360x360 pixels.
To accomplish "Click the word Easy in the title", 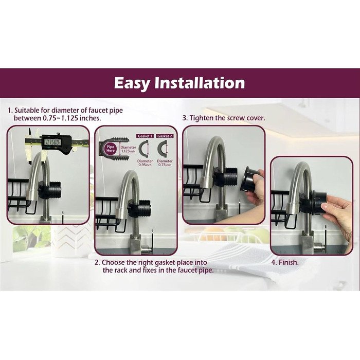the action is (132, 83).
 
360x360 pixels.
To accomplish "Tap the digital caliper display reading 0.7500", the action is (52, 142).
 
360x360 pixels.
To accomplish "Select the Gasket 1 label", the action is (145, 136).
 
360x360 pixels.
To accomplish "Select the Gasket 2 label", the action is (165, 136).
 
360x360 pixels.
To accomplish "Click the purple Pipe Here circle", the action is (111, 149).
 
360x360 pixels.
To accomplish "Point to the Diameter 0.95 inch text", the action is (145, 163).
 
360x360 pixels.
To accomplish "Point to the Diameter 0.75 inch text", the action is (165, 163).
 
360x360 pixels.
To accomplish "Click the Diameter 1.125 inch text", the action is (128, 149).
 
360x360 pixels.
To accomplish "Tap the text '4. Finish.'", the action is (285, 262).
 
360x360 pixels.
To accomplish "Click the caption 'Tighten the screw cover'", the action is (227, 118).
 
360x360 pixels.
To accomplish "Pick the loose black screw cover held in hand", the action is (248, 179).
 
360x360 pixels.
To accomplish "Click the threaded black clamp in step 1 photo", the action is (49, 190).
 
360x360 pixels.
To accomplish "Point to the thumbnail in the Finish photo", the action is (324, 206).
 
